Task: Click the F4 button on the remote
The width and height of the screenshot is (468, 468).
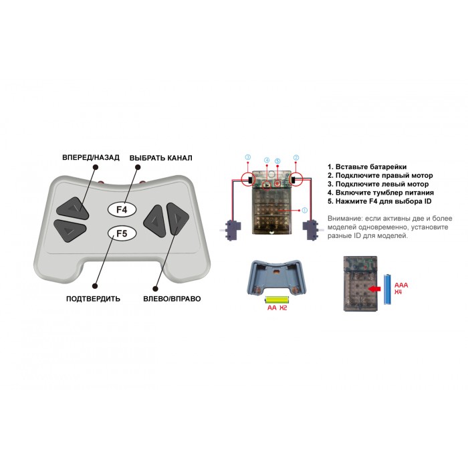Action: point(122,209)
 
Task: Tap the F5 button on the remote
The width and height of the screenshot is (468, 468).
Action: point(122,233)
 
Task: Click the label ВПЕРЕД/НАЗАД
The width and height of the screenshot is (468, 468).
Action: point(91,157)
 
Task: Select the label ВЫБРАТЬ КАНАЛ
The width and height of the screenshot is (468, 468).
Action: point(161,158)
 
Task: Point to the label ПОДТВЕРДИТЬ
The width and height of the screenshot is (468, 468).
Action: point(93,299)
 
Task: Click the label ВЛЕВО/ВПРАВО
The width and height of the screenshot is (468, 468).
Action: point(172,299)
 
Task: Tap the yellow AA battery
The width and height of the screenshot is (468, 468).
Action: point(277,300)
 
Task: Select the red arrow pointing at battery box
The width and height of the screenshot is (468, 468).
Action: point(374,289)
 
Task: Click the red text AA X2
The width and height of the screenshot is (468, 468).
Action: point(277,308)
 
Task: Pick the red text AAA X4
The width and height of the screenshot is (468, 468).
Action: point(401,288)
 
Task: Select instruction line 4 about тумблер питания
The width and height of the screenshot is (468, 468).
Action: point(380,193)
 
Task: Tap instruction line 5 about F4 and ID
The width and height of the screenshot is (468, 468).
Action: point(379,201)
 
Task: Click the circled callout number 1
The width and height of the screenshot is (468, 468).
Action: point(304,210)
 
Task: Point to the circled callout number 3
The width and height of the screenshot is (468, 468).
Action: point(248,157)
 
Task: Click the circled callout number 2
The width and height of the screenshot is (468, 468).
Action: point(296,157)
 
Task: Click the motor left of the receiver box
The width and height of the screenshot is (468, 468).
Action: point(231,229)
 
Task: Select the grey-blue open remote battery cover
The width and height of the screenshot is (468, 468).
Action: point(277,277)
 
